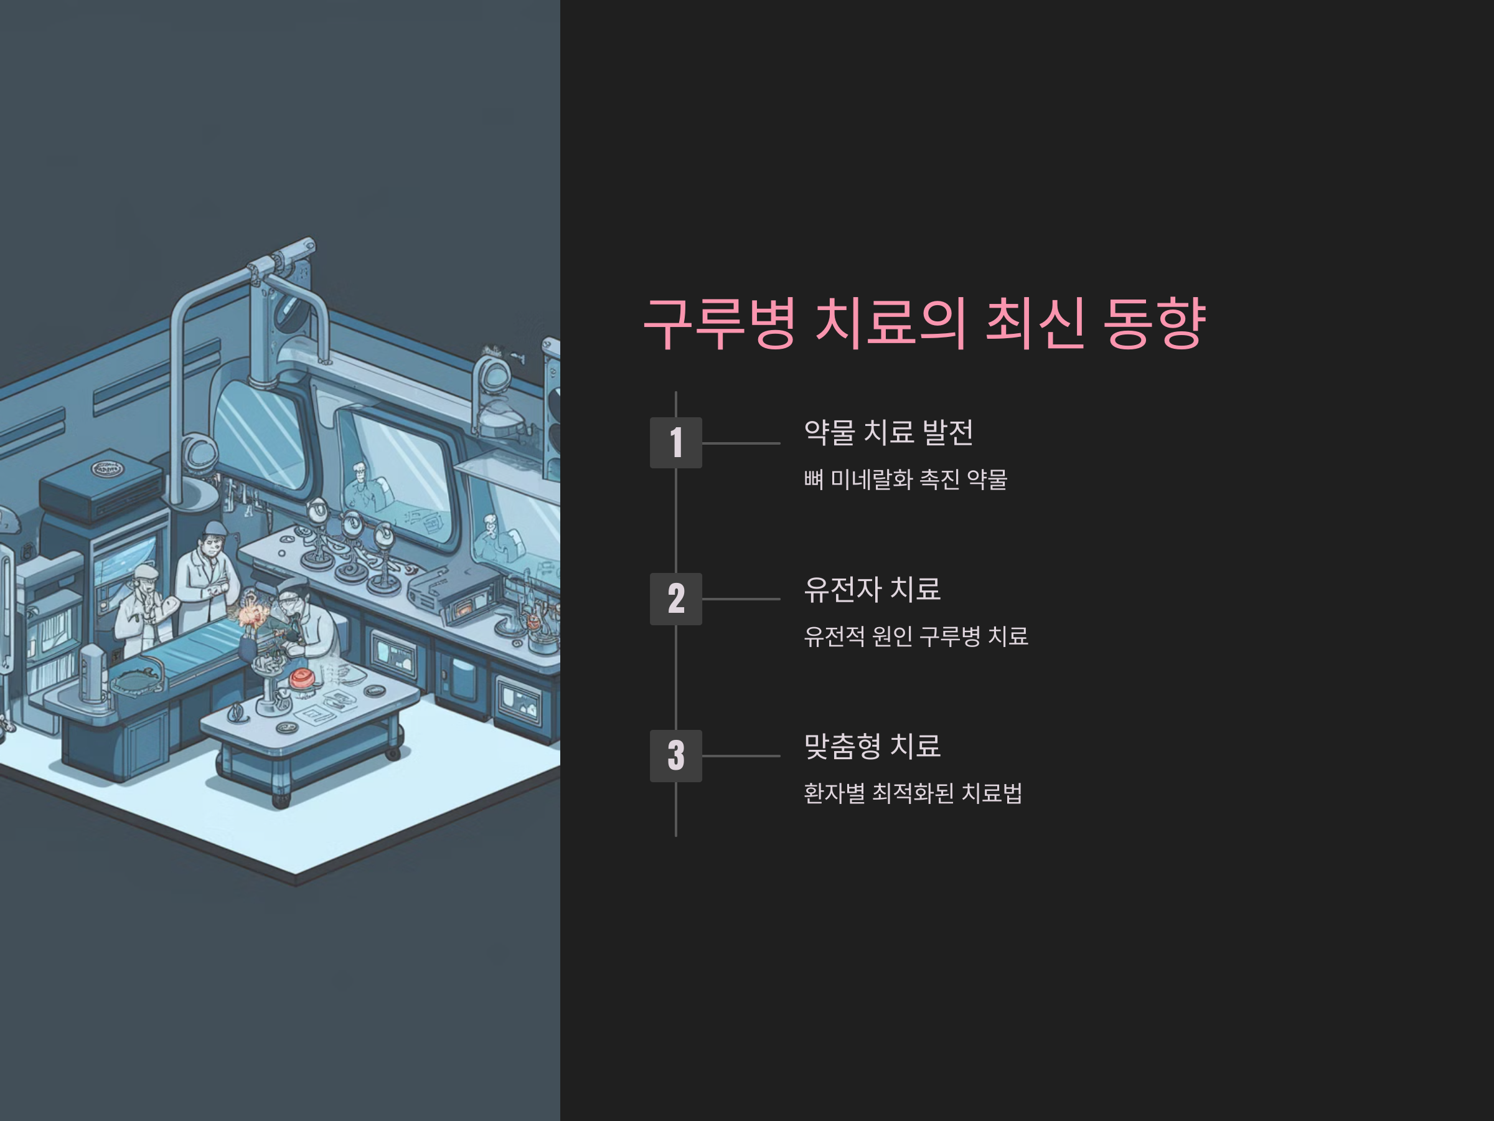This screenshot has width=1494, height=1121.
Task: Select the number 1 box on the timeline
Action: point(675,443)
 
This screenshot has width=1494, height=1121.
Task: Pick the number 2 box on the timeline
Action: point(675,598)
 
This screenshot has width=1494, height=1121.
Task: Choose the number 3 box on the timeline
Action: point(675,755)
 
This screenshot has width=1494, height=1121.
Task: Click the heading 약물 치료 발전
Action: point(888,432)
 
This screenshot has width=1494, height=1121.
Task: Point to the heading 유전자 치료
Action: point(872,589)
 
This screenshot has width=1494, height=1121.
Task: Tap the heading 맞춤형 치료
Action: point(872,746)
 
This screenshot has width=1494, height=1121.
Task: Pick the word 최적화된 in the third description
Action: point(913,793)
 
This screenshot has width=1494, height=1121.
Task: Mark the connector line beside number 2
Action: point(741,599)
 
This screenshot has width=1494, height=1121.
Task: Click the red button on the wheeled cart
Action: point(301,678)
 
